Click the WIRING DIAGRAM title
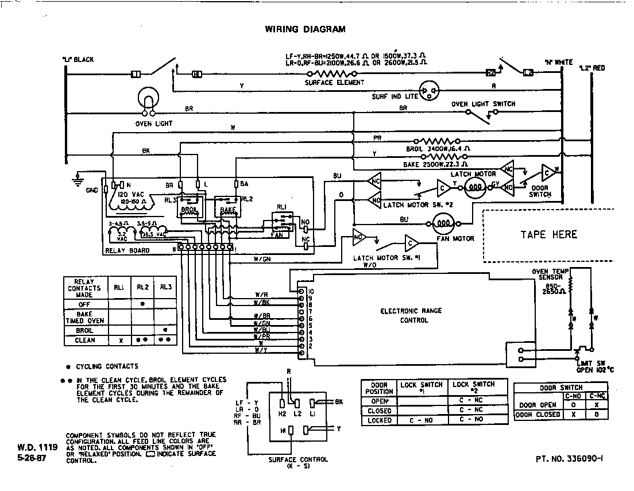coord(305,29)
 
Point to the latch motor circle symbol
coord(475,188)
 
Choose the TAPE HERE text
coord(548,234)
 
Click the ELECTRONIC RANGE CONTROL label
coord(411,315)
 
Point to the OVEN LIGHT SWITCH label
coord(483,104)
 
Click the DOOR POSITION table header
coord(379,388)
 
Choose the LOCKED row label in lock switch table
coord(379,420)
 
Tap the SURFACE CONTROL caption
coord(298,462)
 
